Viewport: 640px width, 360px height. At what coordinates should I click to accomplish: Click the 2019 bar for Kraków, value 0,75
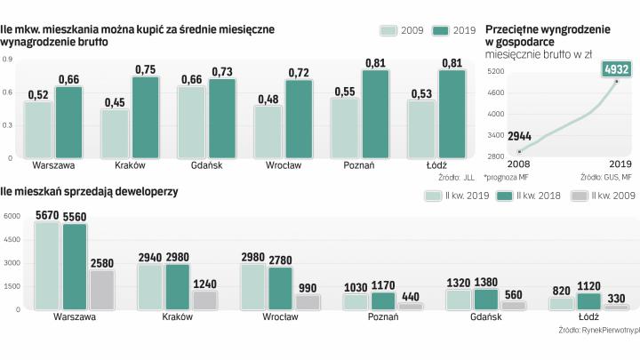point(147,117)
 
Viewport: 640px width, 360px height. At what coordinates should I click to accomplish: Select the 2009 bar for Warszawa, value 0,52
point(39,130)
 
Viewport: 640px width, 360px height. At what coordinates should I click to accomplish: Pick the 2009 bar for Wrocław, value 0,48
point(268,132)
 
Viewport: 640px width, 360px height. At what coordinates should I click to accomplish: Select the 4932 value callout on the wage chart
point(615,69)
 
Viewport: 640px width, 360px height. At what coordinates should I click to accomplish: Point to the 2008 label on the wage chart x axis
point(518,164)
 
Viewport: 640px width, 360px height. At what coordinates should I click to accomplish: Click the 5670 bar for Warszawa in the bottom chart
point(46,266)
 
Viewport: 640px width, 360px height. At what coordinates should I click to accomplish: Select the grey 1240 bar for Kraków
point(204,300)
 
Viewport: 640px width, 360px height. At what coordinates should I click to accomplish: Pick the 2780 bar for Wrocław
point(281,288)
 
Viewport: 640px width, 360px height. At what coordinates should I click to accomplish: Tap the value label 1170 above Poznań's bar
point(383,285)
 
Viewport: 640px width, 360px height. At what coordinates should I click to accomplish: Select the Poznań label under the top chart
point(358,165)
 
